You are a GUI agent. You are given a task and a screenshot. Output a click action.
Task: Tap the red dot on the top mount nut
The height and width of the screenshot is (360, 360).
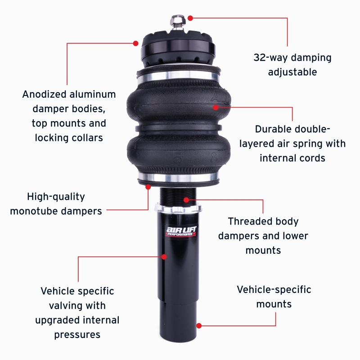click(x=190, y=18)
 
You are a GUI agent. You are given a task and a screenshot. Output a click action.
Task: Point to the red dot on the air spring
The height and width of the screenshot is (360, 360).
click(x=216, y=107)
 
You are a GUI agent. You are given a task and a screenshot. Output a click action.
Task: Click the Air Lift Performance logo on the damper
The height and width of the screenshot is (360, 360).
click(x=179, y=232)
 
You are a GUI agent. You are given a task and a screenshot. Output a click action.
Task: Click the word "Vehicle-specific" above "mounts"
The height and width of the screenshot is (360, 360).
click(x=274, y=289)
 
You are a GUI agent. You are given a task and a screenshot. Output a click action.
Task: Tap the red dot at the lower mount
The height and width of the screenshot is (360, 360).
click(x=199, y=325)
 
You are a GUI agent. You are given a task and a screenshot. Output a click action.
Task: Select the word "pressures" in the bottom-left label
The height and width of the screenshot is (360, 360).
click(x=77, y=334)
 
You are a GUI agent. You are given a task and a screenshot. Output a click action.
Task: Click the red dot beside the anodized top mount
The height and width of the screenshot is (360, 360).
click(x=135, y=43)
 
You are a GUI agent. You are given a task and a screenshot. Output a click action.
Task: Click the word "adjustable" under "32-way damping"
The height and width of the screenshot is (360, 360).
click(x=292, y=72)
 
